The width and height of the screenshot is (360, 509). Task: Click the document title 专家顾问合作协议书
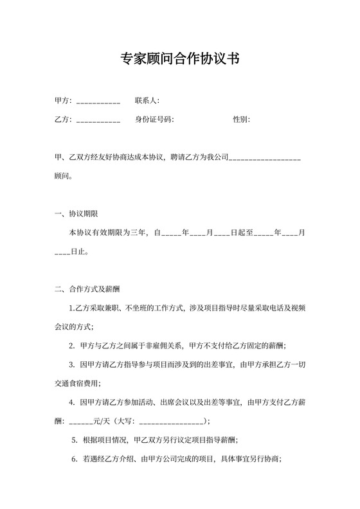pos(180,60)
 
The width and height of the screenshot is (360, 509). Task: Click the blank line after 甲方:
pos(98,102)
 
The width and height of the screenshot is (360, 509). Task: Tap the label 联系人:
pos(147,100)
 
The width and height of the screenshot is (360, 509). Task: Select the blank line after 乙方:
pos(98,120)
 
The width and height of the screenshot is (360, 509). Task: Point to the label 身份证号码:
pos(154,119)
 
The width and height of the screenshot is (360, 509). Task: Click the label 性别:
pos(241,119)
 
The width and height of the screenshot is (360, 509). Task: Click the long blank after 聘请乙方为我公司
pos(265,157)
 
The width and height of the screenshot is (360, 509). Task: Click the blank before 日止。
pos(62,252)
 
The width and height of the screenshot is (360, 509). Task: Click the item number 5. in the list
pos(75,440)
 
